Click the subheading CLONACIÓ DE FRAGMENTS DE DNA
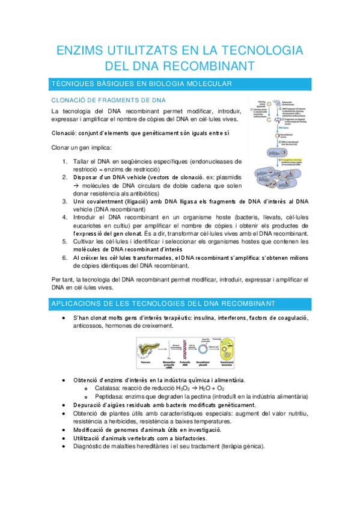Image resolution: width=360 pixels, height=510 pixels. coord(108,100)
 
